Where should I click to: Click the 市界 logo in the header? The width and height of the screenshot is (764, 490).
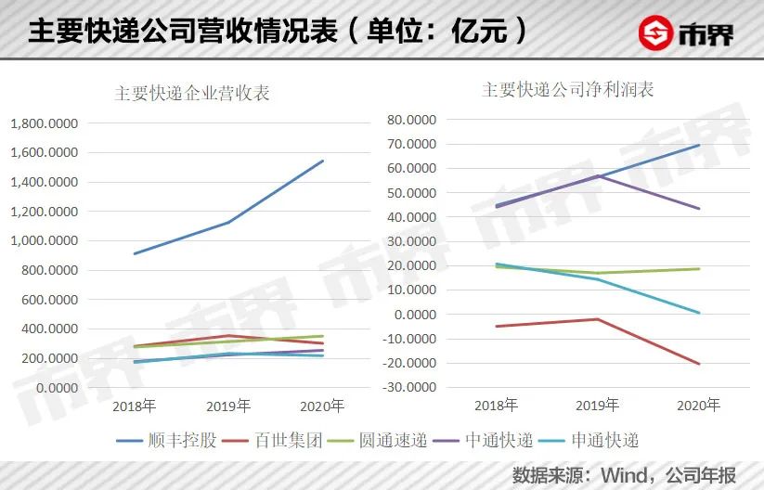[686, 34]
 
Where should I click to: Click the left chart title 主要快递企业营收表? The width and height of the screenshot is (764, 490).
[192, 94]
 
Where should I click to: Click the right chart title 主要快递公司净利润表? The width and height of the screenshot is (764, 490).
[567, 90]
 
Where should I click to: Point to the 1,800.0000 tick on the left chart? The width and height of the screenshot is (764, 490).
[44, 122]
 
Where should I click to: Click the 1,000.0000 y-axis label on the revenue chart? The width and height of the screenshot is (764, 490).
[44, 240]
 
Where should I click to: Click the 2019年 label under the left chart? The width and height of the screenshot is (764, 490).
[228, 406]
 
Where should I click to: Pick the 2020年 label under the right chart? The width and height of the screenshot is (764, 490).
[698, 406]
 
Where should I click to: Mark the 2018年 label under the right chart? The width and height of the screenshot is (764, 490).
[496, 406]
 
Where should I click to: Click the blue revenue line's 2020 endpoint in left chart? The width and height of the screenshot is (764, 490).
[323, 161]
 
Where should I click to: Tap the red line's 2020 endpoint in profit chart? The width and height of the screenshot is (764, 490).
[699, 364]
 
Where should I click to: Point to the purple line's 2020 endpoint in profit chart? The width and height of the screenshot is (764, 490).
[699, 209]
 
